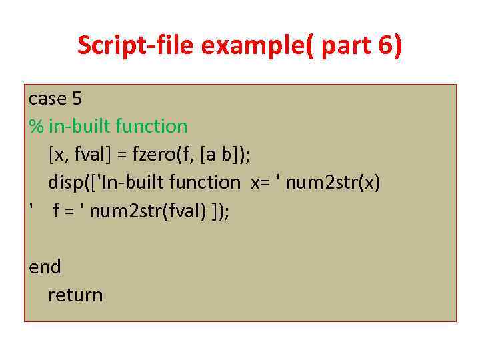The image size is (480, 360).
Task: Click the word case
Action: coord(47,98)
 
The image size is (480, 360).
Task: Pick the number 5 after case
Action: coord(77,98)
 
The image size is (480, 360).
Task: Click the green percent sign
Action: coord(36,126)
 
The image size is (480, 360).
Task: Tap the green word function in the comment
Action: coord(151,126)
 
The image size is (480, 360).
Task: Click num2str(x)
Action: coord(333,182)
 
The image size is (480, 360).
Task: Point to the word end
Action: coord(45,267)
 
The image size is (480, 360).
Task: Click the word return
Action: coord(75,295)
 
